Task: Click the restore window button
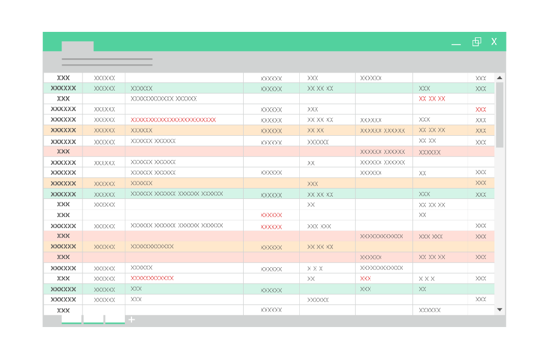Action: (477, 42)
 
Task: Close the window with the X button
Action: (494, 42)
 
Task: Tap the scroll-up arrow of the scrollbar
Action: (499, 78)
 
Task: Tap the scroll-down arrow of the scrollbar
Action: (499, 309)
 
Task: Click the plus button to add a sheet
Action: (131, 320)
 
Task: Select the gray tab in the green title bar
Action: (78, 46)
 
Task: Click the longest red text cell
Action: (173, 120)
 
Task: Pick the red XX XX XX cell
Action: (432, 99)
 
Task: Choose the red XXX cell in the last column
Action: (481, 109)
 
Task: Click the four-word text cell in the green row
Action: (177, 194)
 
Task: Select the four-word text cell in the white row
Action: (177, 225)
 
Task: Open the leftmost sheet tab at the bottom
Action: (71, 319)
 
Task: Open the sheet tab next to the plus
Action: (115, 319)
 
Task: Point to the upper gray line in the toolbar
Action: (107, 59)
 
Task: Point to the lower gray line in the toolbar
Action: (107, 65)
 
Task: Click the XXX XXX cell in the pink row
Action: (431, 236)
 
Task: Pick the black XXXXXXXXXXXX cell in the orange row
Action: (152, 246)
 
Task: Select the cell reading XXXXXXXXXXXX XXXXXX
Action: (163, 99)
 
